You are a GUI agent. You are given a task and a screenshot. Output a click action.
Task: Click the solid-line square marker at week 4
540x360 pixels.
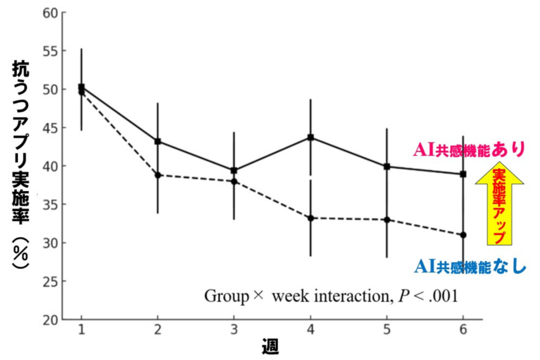[311, 138]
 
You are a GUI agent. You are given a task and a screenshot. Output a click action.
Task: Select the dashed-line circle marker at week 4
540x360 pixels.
[311, 218]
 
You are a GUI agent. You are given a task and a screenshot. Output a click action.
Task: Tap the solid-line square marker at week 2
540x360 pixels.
[158, 141]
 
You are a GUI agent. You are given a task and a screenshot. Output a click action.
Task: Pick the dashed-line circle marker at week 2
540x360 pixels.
[158, 175]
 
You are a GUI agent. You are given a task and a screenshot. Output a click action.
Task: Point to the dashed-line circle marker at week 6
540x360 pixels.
[463, 235]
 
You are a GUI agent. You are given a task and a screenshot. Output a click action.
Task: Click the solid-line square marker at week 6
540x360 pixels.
[463, 174]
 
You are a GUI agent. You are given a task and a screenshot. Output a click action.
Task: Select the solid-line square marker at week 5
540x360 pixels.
[387, 167]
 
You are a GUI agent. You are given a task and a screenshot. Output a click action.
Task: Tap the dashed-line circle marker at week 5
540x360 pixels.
[387, 219]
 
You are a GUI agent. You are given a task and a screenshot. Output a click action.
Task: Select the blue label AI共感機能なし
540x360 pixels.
[470, 267]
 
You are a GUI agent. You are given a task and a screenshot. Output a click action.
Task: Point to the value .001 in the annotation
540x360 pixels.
[442, 296]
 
